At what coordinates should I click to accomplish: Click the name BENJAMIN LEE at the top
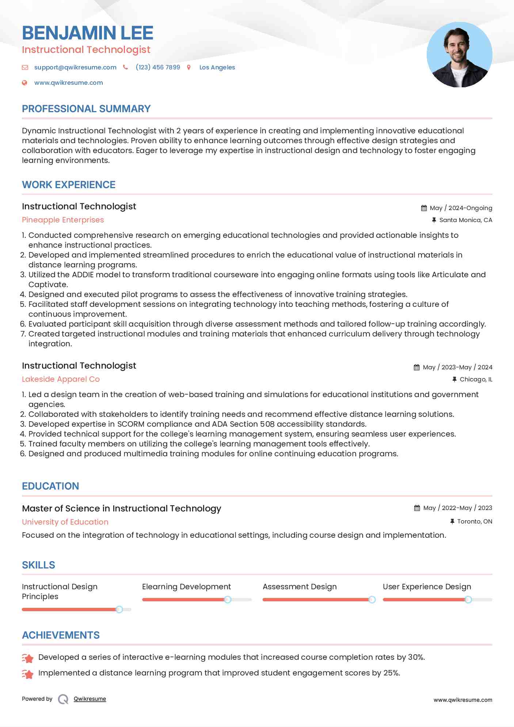tap(88, 33)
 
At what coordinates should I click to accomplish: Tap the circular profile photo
tap(459, 55)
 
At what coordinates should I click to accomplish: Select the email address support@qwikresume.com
tap(75, 67)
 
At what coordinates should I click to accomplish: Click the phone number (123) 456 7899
tap(158, 67)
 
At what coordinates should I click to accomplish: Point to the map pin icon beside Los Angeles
tap(189, 67)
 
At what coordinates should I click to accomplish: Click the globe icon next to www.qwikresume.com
tap(25, 83)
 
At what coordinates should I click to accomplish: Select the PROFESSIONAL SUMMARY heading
tap(86, 109)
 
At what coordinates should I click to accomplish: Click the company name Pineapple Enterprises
tap(63, 220)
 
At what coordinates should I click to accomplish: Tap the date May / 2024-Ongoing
tap(461, 208)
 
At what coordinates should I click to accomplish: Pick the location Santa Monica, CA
tap(465, 220)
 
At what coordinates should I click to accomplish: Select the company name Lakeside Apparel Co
tap(61, 379)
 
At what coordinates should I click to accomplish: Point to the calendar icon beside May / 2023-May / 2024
tap(416, 367)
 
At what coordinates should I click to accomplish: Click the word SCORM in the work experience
tap(131, 424)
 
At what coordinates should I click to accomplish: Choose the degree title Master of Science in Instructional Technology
tap(121, 509)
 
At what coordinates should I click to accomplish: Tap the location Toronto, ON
tap(475, 521)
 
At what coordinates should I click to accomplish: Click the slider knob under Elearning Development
tap(228, 600)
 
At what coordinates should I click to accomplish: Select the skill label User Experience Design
tap(427, 587)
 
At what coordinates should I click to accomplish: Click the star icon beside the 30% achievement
tap(28, 658)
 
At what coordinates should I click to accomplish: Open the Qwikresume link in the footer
tap(90, 699)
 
